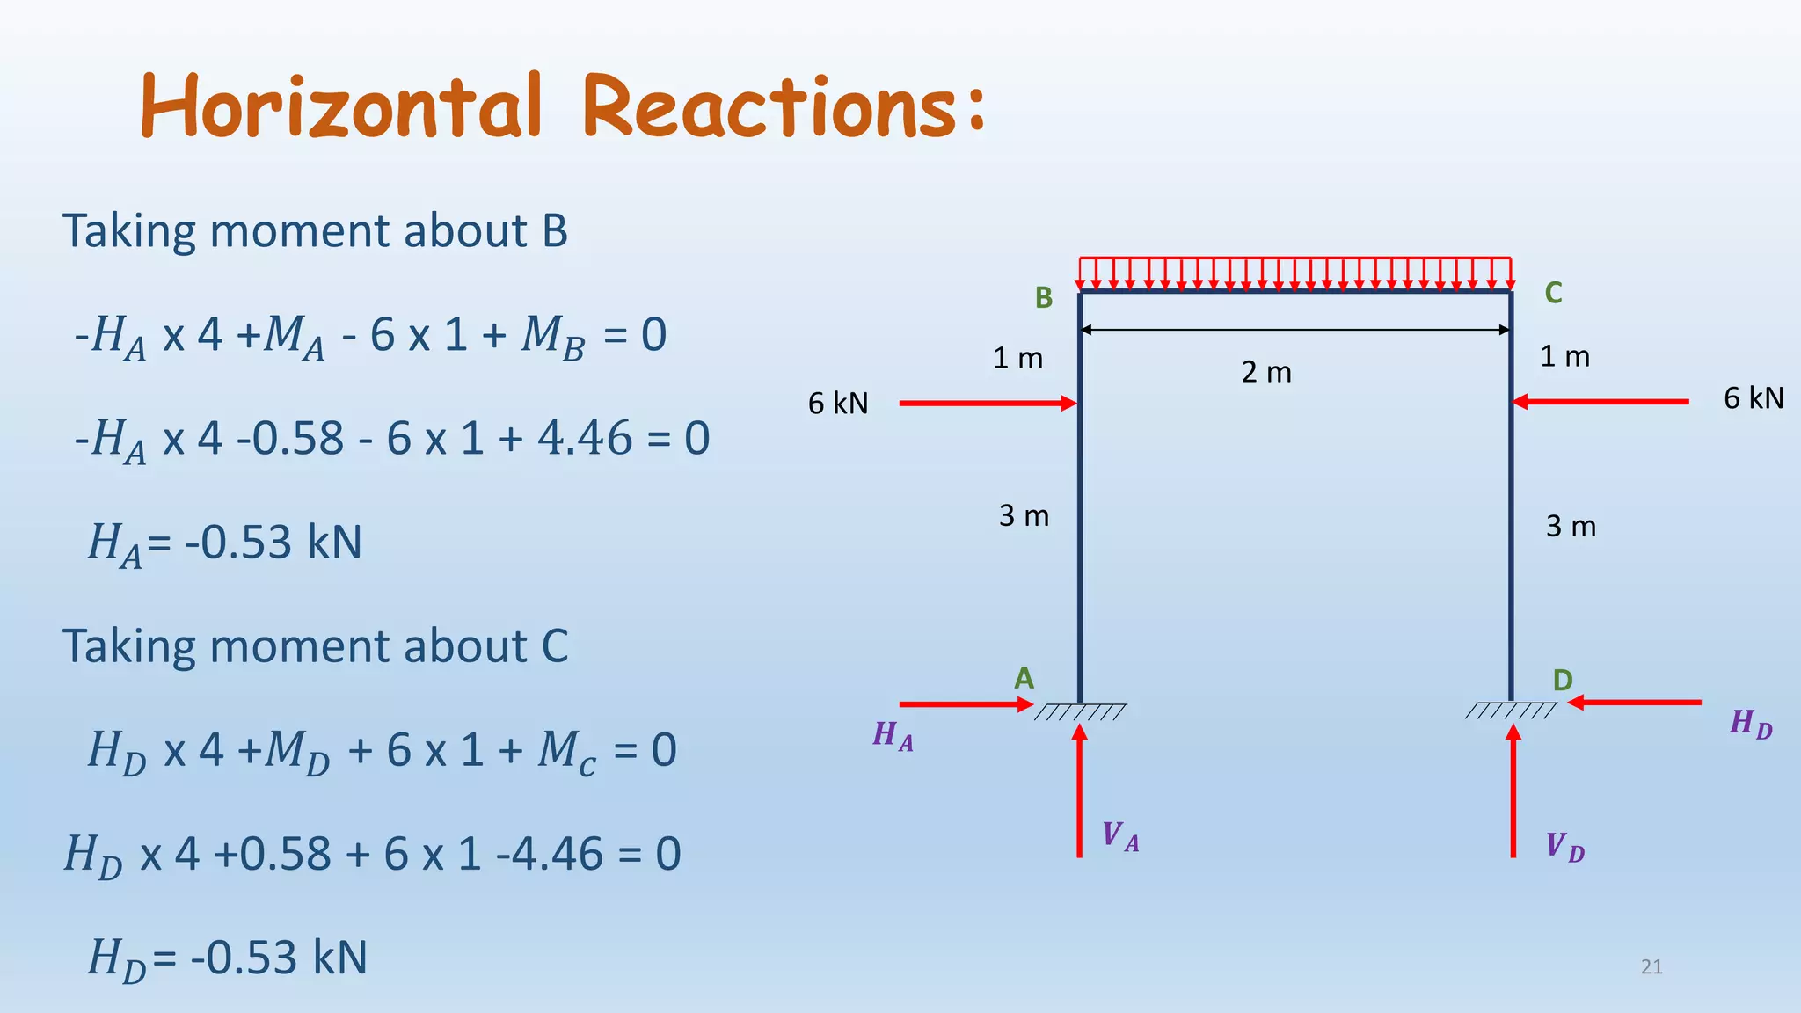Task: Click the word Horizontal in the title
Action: pyautogui.click(x=341, y=107)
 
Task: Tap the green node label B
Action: pyautogui.click(x=1044, y=298)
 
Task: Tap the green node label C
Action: pyautogui.click(x=1553, y=293)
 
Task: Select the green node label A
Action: pyautogui.click(x=1024, y=679)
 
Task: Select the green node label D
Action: pyautogui.click(x=1562, y=681)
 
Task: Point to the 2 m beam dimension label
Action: pyautogui.click(x=1266, y=373)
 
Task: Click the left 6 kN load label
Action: pyautogui.click(x=838, y=404)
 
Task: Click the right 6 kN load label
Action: pyautogui.click(x=1754, y=398)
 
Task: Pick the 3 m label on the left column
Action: pyautogui.click(x=1024, y=515)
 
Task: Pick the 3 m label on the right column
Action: pyautogui.click(x=1571, y=526)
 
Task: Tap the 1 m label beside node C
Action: pyautogui.click(x=1564, y=357)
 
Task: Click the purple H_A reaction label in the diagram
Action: pyautogui.click(x=893, y=735)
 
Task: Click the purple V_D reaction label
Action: pyautogui.click(x=1564, y=848)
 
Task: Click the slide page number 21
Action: pyautogui.click(x=1652, y=967)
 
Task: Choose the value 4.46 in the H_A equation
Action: pyautogui.click(x=585, y=438)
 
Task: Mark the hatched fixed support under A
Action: pyautogui.click(x=1080, y=712)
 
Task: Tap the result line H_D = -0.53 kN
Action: pyautogui.click(x=227, y=958)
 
